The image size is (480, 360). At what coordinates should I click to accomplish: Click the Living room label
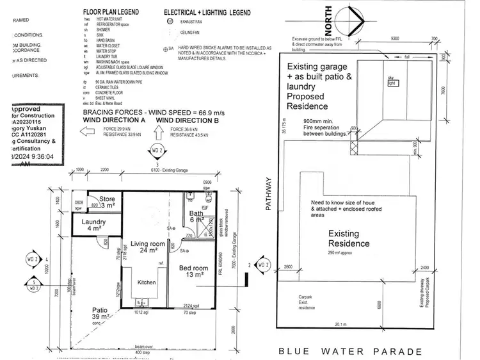coord(148,243)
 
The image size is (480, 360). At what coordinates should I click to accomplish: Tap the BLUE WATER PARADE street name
coord(350,351)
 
